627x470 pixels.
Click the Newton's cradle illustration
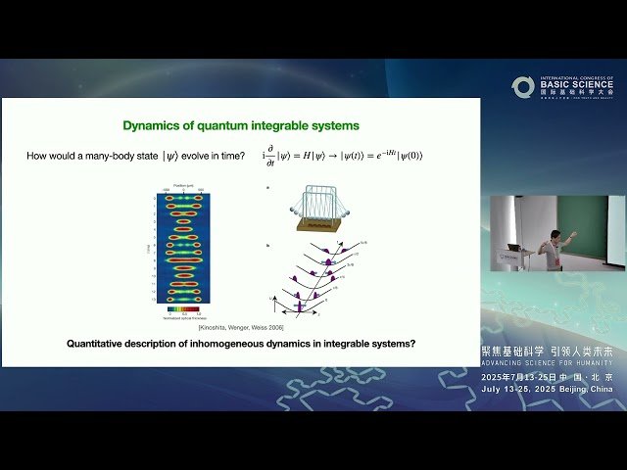pos(317,212)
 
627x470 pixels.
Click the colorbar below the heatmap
pos(184,308)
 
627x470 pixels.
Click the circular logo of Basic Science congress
pos(523,87)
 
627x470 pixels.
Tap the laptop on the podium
pos(513,247)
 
